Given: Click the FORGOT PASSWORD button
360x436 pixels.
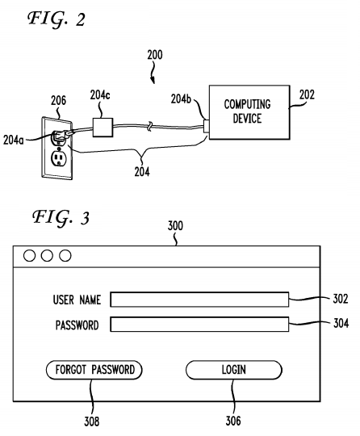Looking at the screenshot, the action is [x=94, y=370].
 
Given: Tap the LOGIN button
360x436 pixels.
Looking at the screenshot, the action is [x=234, y=370].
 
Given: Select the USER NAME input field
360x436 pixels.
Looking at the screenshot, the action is [x=199, y=300].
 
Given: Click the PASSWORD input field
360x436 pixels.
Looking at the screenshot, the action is [x=199, y=325].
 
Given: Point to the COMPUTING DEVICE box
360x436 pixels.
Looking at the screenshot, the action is [x=249, y=112].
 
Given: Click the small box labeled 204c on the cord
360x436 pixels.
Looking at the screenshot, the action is [x=103, y=128].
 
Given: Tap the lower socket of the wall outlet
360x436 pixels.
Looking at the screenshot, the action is [x=59, y=158].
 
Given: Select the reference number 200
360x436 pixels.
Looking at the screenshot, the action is [x=155, y=55].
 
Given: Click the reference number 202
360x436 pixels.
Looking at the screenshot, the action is [x=307, y=95].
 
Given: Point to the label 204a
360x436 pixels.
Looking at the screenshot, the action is [x=14, y=140].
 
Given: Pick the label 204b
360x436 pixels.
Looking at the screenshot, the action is [x=181, y=99].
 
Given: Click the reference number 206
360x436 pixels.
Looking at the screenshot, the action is [x=58, y=100].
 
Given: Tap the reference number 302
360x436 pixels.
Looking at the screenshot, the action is [x=341, y=299].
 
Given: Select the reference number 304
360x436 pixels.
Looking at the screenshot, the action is [x=341, y=323].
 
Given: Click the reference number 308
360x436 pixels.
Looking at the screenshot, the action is [x=92, y=421].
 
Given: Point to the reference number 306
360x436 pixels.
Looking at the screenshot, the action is [x=233, y=421].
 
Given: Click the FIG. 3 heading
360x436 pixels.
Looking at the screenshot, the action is [x=61, y=218].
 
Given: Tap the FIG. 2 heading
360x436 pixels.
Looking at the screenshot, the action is [x=57, y=19].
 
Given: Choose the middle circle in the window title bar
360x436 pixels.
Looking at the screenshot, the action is [x=47, y=256].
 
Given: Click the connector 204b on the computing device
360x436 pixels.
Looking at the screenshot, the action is [x=207, y=126].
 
